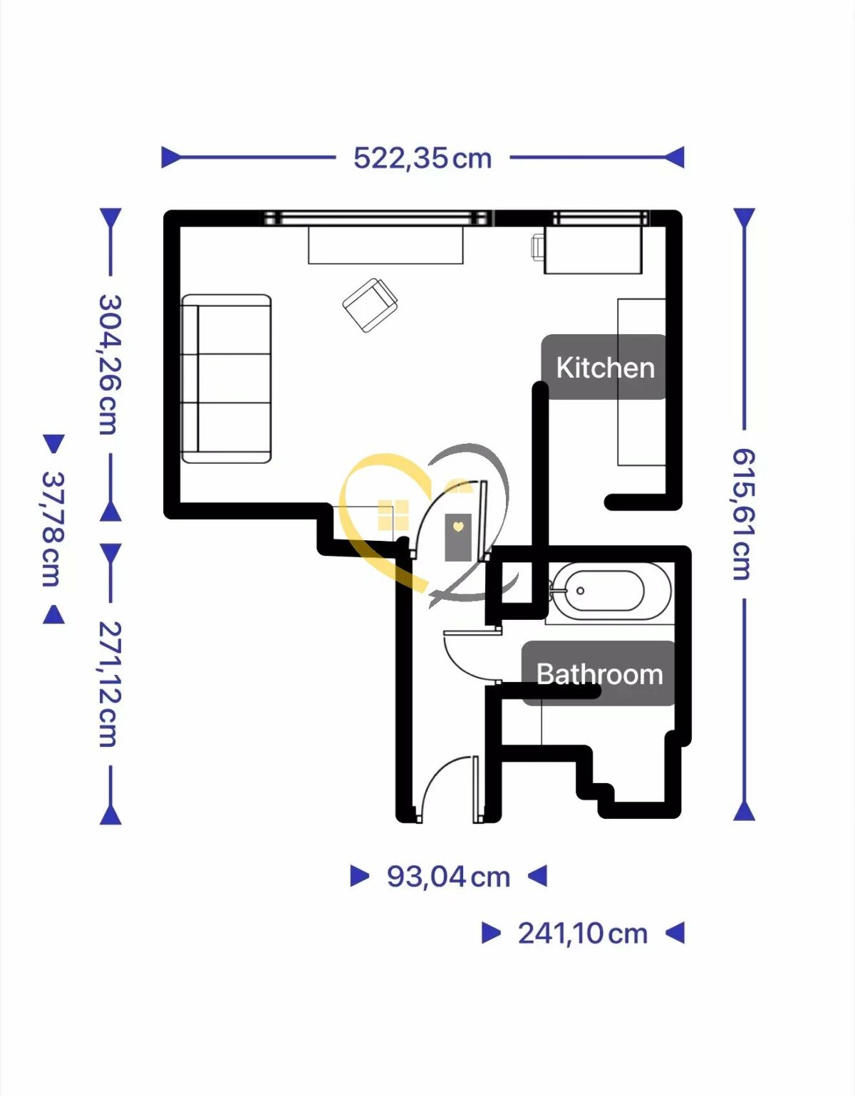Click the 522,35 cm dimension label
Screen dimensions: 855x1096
coord(423,158)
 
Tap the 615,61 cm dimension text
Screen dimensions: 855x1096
coord(744,514)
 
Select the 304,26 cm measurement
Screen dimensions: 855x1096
coord(110,365)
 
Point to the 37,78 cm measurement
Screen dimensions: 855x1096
coord(53,529)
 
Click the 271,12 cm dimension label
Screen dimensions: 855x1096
coord(110,684)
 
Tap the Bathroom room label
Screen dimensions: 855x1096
coord(599,673)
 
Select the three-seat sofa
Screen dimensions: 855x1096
coord(227,379)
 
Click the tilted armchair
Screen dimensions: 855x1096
coord(370,304)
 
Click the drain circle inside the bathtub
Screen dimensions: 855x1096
coord(580,591)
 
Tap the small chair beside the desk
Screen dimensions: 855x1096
coord(537,247)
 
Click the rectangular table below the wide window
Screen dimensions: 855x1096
coord(385,244)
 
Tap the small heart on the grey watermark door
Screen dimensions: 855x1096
coord(457,526)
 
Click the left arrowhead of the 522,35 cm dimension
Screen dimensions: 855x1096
coord(171,157)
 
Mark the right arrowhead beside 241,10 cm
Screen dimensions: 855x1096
coord(675,933)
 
